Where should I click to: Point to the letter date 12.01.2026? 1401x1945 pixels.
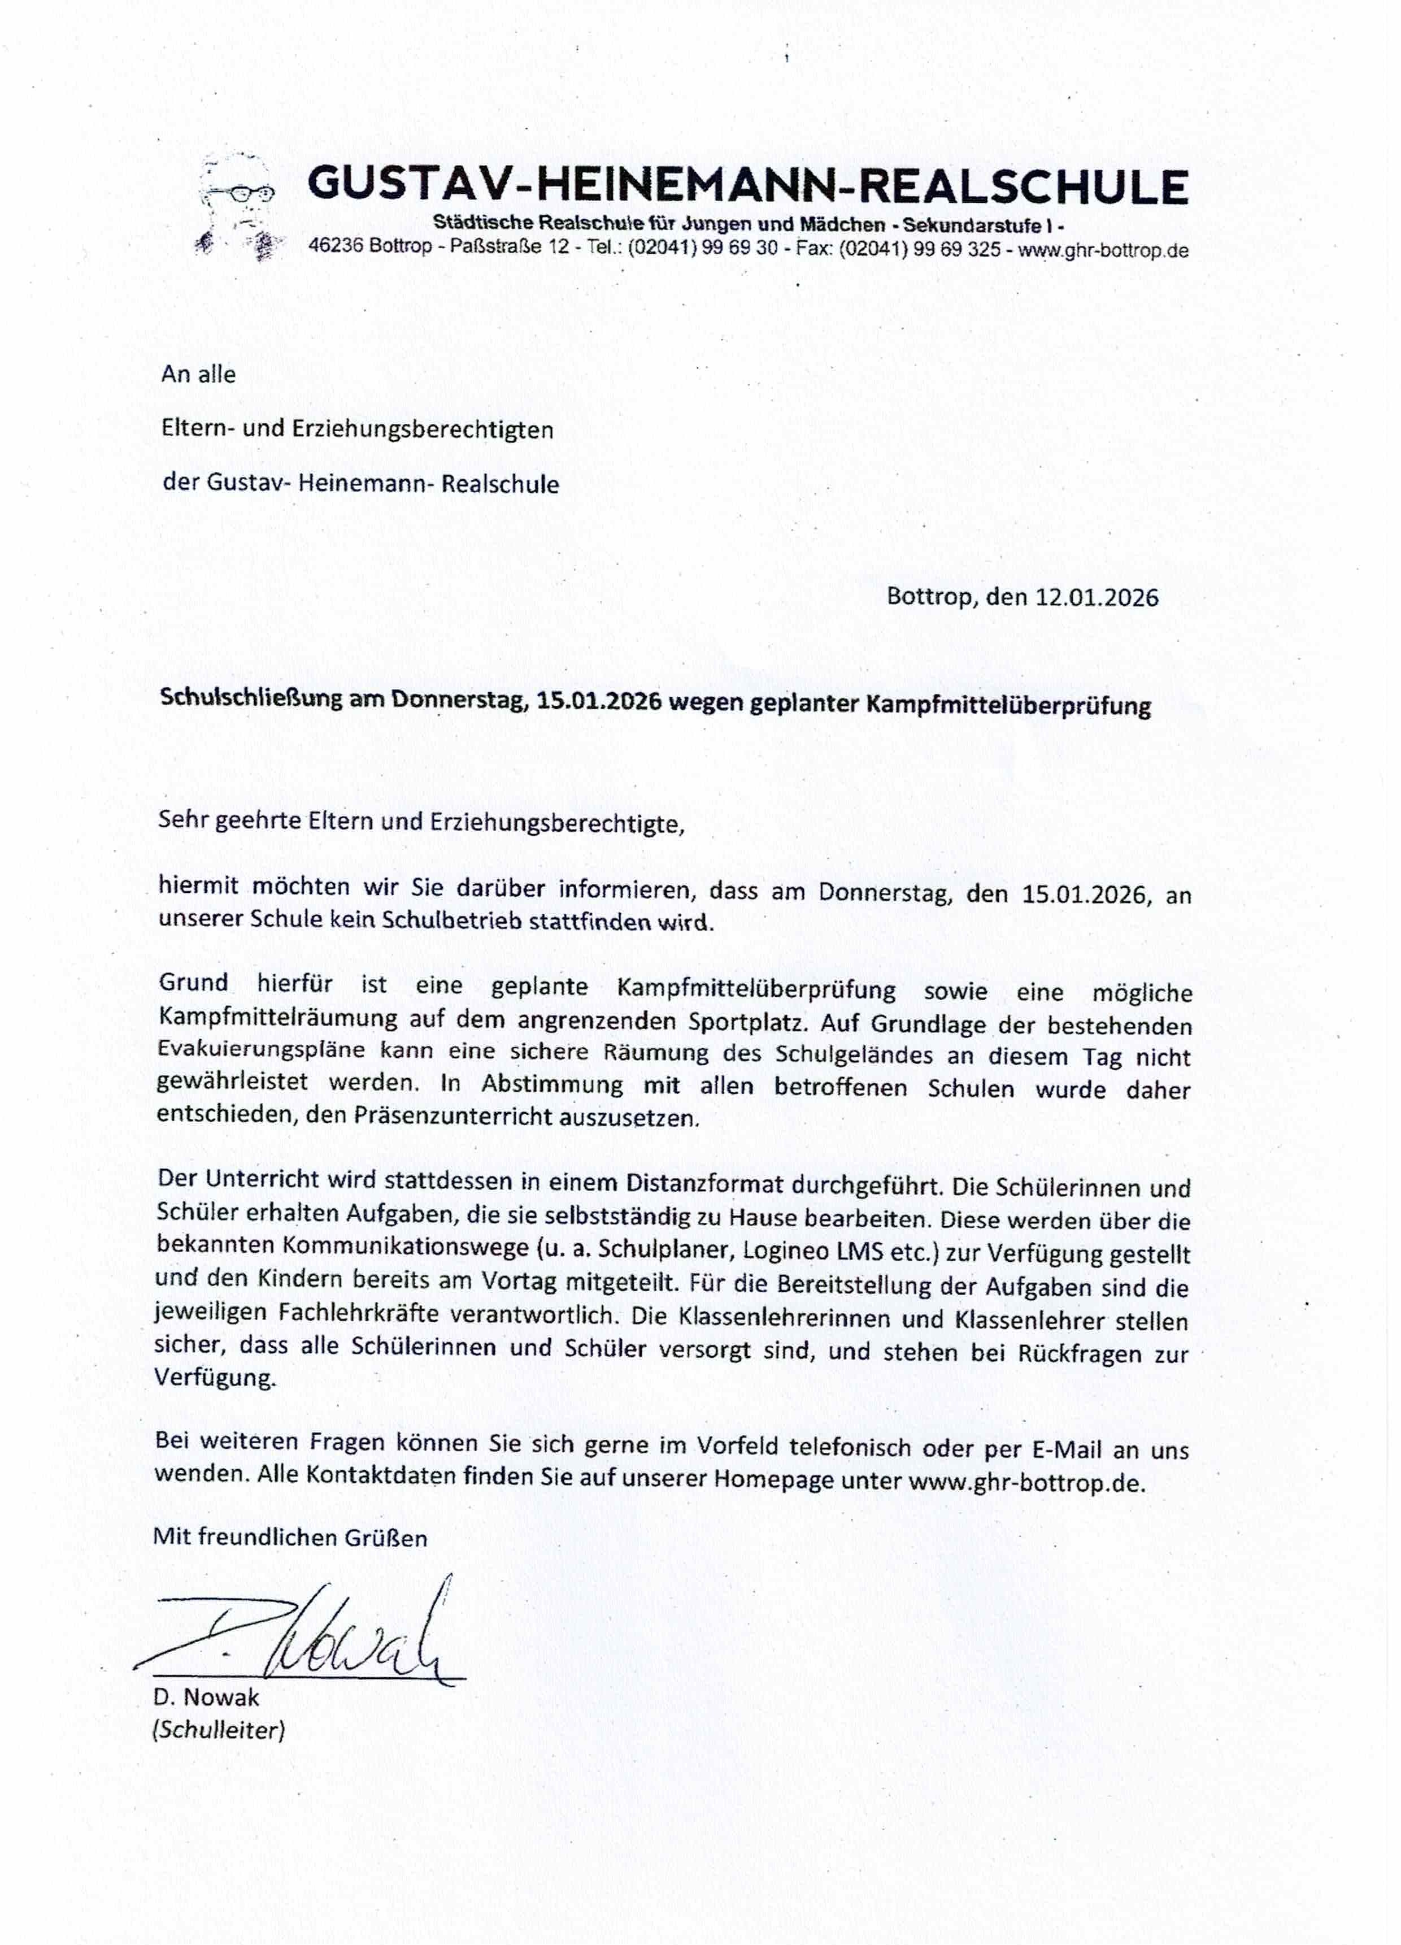[x=1096, y=597]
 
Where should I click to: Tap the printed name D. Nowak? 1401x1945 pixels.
[x=206, y=1697]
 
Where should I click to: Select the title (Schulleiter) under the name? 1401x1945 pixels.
[x=218, y=1730]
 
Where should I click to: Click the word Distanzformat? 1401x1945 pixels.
[x=705, y=1184]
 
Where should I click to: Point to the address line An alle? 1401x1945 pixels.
[x=198, y=374]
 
